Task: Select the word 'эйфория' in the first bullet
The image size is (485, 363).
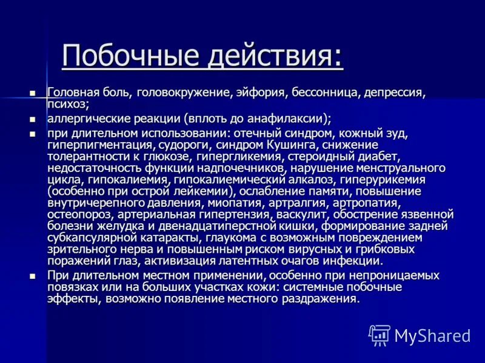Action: coord(261,93)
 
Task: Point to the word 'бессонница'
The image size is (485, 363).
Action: coord(324,93)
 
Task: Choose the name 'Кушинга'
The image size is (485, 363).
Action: coord(293,145)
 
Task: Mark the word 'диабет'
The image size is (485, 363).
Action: coord(376,157)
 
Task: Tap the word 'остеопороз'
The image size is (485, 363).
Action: coord(76,214)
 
